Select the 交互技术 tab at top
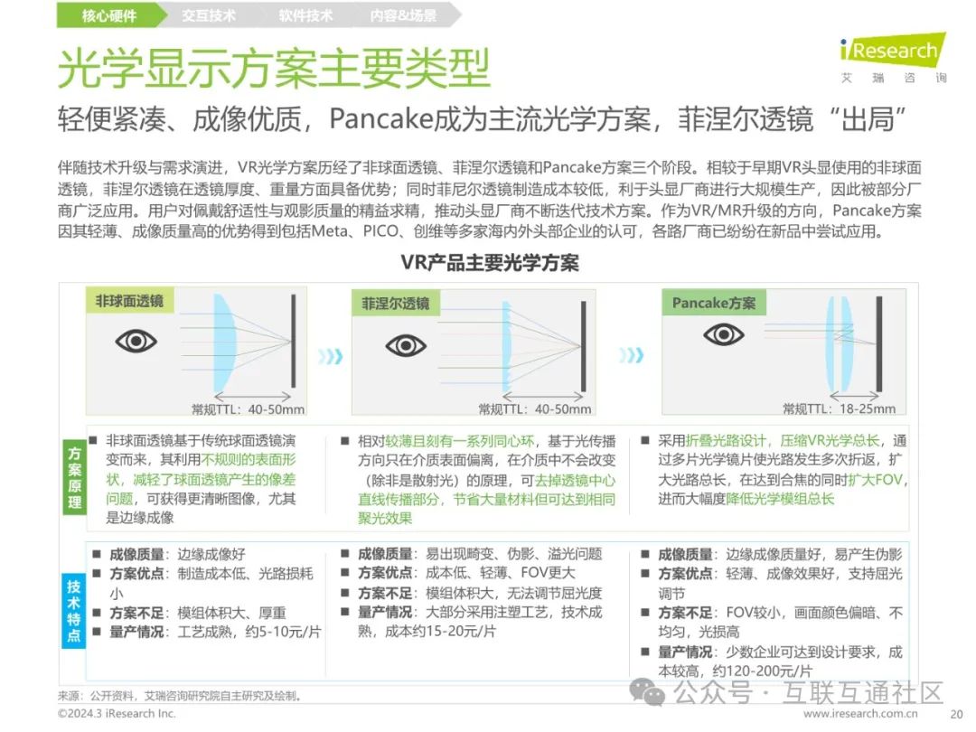coord(208,15)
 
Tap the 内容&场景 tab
coord(403,15)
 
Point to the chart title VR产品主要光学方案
coord(490,263)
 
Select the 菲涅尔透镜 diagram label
coord(395,304)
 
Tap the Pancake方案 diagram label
coord(713,304)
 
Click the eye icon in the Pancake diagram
coord(723,335)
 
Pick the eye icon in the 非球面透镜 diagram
coord(136,341)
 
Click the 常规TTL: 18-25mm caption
coord(840,408)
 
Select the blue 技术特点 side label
coord(73,612)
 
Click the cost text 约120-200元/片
coord(761,671)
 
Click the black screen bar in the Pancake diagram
coord(878,345)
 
